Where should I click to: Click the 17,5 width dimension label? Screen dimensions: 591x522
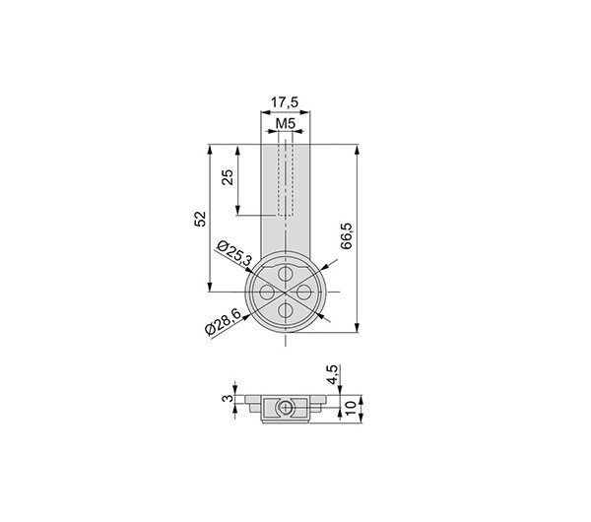click(285, 102)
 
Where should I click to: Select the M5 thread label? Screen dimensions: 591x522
click(285, 123)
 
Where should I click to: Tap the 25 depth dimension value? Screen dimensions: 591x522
click(228, 177)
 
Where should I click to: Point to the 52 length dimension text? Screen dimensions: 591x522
click(201, 219)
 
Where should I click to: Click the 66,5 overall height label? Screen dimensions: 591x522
click(346, 236)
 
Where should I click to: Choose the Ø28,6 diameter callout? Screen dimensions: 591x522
click(223, 322)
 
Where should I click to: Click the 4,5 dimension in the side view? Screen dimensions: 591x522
click(333, 374)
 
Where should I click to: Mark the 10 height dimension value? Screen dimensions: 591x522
click(351, 408)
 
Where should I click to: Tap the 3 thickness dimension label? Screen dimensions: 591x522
click(228, 398)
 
